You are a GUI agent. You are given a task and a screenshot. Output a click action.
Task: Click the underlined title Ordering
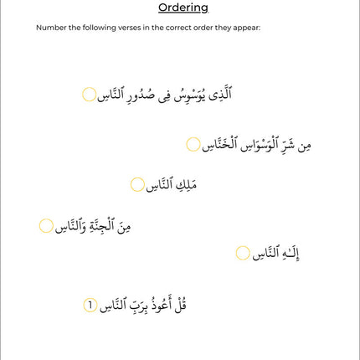[183, 8]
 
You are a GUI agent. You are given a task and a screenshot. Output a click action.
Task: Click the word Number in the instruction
[49, 28]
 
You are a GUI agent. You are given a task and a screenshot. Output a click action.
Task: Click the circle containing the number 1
[90, 305]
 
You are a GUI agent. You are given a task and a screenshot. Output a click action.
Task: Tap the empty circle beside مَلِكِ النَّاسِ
[138, 184]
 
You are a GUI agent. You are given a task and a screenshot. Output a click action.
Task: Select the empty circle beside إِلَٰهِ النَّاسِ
[243, 253]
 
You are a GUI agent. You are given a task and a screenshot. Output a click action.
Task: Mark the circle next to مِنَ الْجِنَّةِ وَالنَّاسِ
[47, 226]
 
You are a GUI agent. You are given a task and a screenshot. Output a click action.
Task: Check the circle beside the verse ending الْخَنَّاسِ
[193, 145]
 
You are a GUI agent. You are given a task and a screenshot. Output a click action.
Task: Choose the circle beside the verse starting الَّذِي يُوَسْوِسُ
[90, 95]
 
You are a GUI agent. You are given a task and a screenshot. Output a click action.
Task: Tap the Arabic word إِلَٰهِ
[287, 253]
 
